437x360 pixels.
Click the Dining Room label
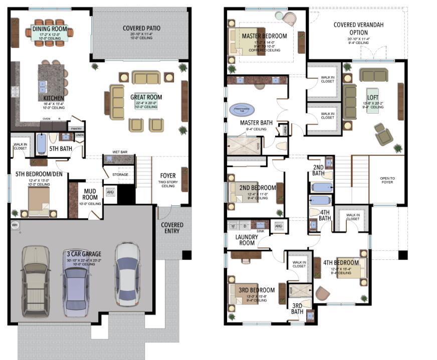[x=50, y=29]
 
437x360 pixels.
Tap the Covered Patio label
[x=141, y=28]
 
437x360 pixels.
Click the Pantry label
[x=76, y=128]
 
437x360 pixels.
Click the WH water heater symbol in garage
[x=14, y=225]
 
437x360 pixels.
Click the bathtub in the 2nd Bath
[x=321, y=188]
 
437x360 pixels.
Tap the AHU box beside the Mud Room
[x=110, y=192]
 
